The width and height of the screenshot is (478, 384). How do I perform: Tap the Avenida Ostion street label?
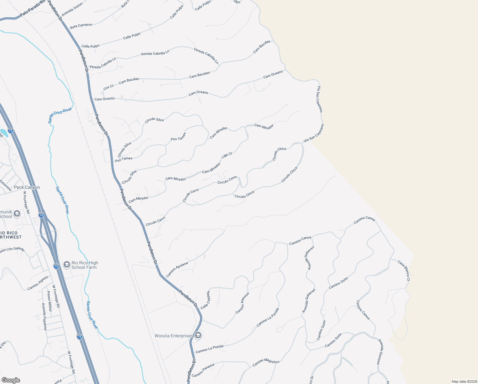tap(72, 10)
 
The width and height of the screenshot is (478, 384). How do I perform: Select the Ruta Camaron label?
tap(81, 25)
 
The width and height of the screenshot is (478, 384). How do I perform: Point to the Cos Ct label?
tap(109, 87)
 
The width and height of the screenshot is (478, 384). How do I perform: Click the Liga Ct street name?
tap(227, 155)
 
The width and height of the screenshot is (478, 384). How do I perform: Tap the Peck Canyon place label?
tap(27, 187)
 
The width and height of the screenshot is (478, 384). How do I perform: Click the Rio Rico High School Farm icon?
tap(66, 264)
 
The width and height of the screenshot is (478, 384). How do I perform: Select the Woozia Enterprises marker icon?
tap(198, 335)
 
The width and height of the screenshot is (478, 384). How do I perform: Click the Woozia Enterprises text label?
tap(174, 336)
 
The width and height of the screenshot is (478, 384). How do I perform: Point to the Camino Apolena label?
tap(177, 269)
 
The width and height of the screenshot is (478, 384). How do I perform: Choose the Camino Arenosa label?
tap(242, 303)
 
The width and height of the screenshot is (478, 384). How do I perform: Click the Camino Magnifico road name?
tap(266, 363)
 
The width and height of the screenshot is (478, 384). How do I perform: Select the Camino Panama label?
tap(203, 370)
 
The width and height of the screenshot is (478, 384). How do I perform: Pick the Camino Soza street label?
tap(333, 340)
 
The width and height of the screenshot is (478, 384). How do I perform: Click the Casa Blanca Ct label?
tap(404, 270)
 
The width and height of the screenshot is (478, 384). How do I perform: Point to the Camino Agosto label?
tap(38, 283)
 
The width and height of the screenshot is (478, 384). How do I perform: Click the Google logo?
tap(11, 380)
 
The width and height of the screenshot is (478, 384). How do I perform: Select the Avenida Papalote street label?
tap(44, 317)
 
